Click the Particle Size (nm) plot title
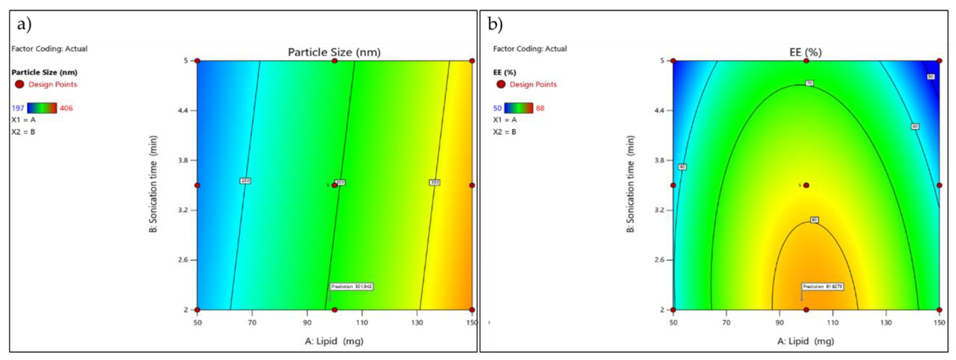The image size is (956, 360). (334, 52)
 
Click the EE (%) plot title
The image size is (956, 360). (805, 52)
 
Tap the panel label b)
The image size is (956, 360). (495, 25)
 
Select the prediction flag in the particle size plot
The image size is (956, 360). (351, 286)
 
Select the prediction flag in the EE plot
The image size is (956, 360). (823, 286)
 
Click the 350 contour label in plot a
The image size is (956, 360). (435, 182)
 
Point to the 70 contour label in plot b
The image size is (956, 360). (809, 83)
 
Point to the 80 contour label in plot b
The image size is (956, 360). (814, 220)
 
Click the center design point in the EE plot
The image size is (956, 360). (806, 185)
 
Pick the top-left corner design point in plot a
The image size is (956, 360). (197, 61)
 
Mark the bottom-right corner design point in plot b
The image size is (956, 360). (939, 310)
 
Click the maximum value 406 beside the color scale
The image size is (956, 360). (66, 108)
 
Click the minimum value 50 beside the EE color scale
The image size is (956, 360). (497, 108)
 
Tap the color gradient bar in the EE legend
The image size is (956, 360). (518, 108)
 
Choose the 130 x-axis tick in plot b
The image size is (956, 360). (886, 322)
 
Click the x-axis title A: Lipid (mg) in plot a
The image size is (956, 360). (334, 341)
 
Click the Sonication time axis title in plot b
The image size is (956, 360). (630, 184)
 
